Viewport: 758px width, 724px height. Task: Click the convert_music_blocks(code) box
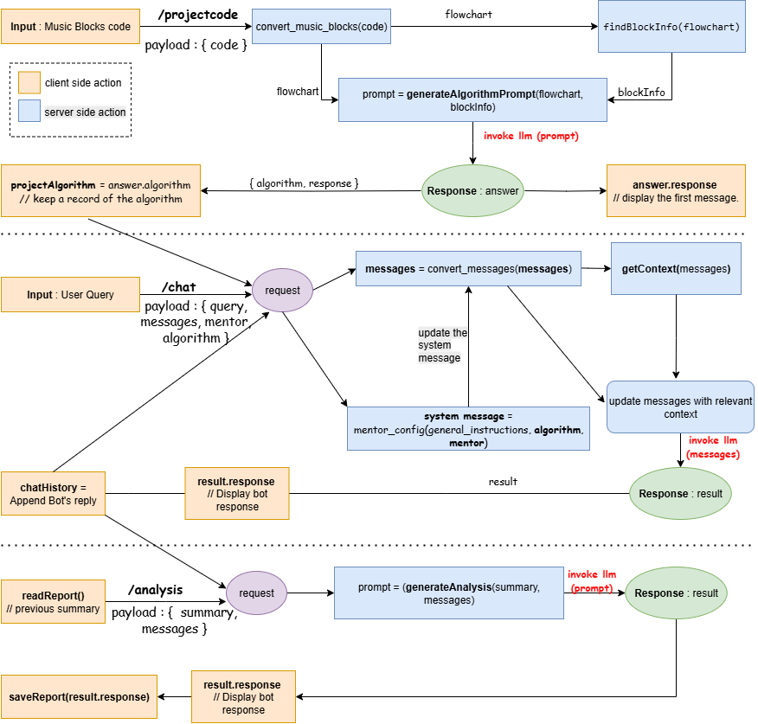pyautogui.click(x=322, y=27)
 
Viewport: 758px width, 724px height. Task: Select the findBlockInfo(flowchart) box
pyautogui.click(x=671, y=27)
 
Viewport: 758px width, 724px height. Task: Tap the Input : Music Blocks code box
pyautogui.click(x=71, y=27)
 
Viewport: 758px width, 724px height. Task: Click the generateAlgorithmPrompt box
pyautogui.click(x=472, y=100)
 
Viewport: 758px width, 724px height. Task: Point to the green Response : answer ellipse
pyautogui.click(x=472, y=191)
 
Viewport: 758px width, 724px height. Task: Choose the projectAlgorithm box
pyautogui.click(x=100, y=191)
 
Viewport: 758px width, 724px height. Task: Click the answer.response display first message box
pyautogui.click(x=676, y=191)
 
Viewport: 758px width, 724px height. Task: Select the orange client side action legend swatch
pyautogui.click(x=29, y=83)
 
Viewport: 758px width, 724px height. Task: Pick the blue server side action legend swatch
pyautogui.click(x=29, y=111)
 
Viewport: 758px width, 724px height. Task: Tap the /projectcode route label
pyautogui.click(x=198, y=15)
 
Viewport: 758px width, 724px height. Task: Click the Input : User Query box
pyautogui.click(x=71, y=294)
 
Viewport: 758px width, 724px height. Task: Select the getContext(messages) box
pyautogui.click(x=676, y=269)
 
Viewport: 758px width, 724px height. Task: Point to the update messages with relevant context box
pyautogui.click(x=680, y=407)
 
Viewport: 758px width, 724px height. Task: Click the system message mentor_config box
pyautogui.click(x=468, y=429)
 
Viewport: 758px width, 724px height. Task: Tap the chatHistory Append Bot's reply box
pyautogui.click(x=53, y=493)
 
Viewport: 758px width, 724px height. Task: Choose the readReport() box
pyautogui.click(x=53, y=602)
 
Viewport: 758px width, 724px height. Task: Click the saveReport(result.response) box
pyautogui.click(x=80, y=697)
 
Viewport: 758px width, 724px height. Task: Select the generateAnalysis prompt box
pyautogui.click(x=449, y=593)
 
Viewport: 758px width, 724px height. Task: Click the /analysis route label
pyautogui.click(x=156, y=590)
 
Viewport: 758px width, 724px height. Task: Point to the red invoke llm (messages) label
pyautogui.click(x=713, y=447)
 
